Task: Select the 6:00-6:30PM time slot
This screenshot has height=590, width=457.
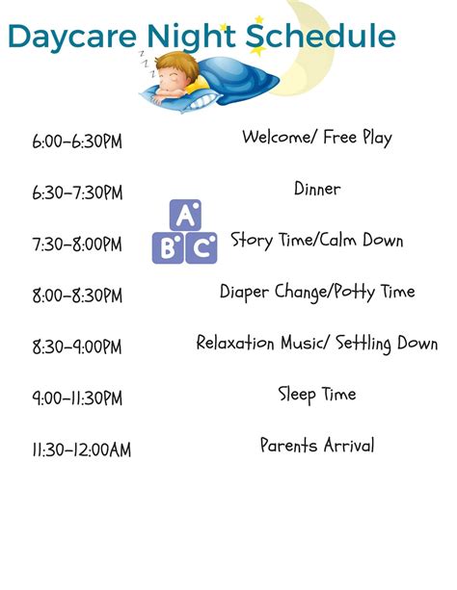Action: (x=77, y=141)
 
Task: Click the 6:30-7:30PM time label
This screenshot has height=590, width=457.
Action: (x=77, y=193)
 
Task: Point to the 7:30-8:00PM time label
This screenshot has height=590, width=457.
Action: (x=77, y=244)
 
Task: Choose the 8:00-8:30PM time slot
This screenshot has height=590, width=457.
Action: (x=77, y=296)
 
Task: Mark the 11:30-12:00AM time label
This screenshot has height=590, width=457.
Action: (x=81, y=449)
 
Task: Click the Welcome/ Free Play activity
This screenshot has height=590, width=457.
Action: (x=317, y=137)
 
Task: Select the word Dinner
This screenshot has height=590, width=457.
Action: (x=317, y=189)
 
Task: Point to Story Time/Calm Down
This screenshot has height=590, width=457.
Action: (x=316, y=240)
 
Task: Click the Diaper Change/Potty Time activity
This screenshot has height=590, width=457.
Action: (x=317, y=291)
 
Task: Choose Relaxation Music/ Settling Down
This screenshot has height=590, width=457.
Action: (x=317, y=343)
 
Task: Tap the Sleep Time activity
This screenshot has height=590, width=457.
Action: (x=317, y=394)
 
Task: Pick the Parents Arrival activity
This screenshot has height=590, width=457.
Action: (x=317, y=445)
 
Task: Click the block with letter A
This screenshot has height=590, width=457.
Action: (x=185, y=216)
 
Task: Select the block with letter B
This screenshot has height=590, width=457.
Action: (x=168, y=248)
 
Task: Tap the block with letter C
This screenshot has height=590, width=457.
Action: (x=202, y=248)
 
